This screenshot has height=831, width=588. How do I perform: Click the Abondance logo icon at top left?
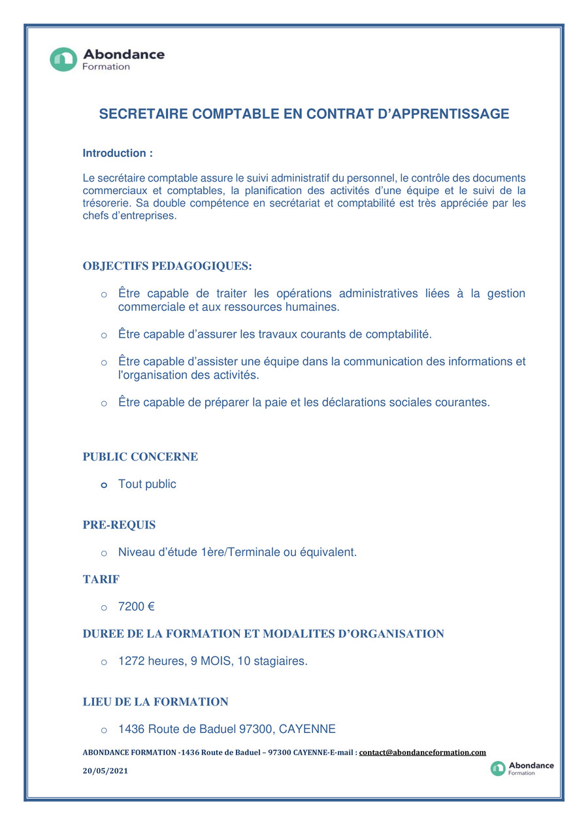coord(63,59)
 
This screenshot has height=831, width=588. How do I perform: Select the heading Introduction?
coord(118,154)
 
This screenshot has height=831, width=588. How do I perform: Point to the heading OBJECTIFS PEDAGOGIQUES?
coord(167,266)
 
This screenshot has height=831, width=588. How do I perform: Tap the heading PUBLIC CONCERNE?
coord(140,457)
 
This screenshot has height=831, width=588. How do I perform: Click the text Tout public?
coord(147,484)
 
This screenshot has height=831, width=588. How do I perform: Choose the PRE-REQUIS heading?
coord(119,525)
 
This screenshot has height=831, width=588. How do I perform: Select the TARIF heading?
coord(101,579)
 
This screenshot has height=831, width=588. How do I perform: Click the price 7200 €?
coord(136,607)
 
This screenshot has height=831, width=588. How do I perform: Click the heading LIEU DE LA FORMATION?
coord(155,702)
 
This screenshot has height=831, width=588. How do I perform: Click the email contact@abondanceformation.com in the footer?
coord(422,753)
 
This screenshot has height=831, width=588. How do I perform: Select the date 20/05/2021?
coord(105,771)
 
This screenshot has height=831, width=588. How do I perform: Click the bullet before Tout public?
coord(104,485)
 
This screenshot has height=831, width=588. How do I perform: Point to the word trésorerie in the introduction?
coord(106,203)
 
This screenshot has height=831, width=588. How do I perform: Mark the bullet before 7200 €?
coord(104,608)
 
